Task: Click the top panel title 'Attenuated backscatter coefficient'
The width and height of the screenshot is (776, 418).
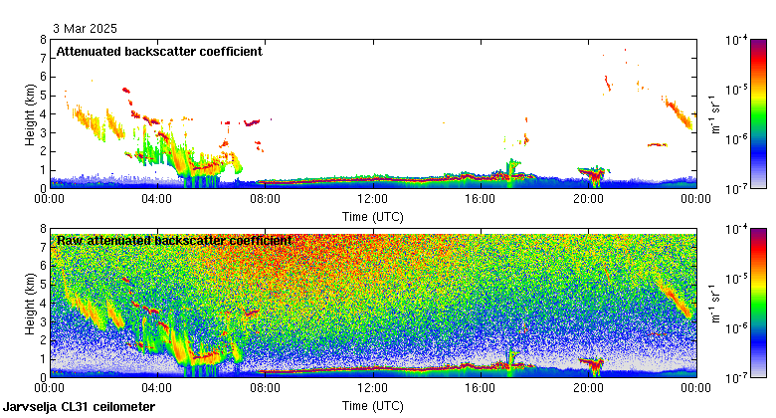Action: point(159,52)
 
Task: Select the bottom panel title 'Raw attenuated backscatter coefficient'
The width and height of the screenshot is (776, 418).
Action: point(174,240)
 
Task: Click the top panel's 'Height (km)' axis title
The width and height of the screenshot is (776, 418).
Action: point(30,113)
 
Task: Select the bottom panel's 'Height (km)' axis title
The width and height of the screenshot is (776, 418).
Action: point(30,303)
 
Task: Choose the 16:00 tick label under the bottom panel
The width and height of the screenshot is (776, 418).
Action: point(481,388)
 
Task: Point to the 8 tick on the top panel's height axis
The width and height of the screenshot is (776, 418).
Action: point(42,40)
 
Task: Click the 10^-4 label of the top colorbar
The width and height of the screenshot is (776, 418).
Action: point(737,41)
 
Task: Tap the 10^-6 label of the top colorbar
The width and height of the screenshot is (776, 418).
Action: point(737,139)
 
